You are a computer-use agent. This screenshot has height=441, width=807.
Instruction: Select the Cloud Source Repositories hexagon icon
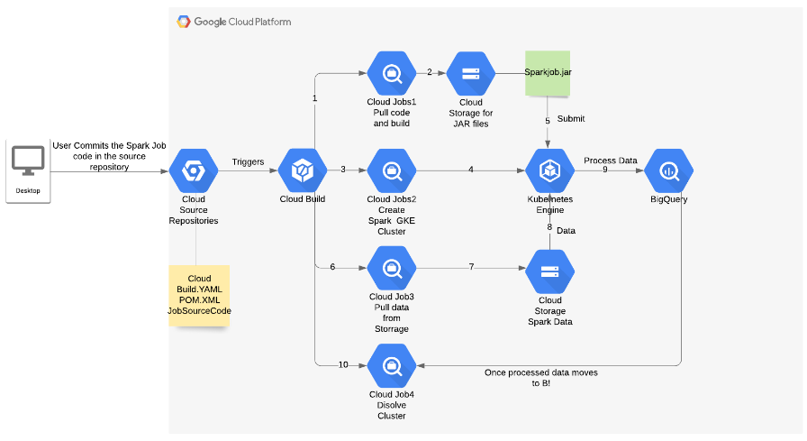pos(194,170)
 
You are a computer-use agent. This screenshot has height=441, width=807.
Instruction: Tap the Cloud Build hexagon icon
pos(302,170)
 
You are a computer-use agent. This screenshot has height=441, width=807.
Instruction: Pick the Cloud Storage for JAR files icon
pos(470,74)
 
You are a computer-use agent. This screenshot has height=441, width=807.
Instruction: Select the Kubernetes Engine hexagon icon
pos(549,170)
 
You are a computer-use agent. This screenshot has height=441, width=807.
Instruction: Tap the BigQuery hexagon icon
pos(669,170)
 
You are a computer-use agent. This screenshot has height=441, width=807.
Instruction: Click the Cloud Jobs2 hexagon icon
pos(392,170)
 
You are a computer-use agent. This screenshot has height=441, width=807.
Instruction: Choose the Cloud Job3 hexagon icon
pos(392,269)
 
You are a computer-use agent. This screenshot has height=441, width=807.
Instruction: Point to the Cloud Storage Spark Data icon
pos(549,270)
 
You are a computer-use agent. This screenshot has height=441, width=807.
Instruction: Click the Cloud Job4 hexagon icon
pos(392,365)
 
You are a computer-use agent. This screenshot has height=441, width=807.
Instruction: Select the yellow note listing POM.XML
pos(199,294)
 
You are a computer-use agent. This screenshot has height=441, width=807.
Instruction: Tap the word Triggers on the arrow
pos(248,162)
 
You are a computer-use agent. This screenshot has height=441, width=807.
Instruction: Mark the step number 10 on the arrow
pos(343,364)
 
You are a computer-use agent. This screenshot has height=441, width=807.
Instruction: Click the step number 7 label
pos(470,268)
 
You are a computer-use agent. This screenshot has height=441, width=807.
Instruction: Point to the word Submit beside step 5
pos(571,119)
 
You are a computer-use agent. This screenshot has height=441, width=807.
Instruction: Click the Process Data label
pos(610,161)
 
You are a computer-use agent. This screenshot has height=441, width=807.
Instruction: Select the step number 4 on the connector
pos(470,170)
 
